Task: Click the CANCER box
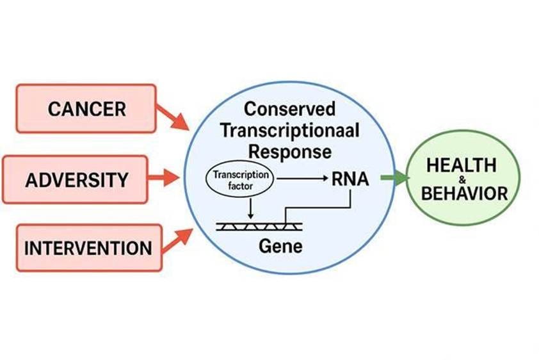(x=86, y=108)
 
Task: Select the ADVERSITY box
(x=76, y=179)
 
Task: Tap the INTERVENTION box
(x=88, y=247)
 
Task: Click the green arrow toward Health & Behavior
(x=395, y=178)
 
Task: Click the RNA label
(x=350, y=179)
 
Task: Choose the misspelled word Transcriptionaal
(x=289, y=130)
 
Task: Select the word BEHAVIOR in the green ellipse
(x=464, y=193)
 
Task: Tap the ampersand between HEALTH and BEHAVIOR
(x=462, y=180)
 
